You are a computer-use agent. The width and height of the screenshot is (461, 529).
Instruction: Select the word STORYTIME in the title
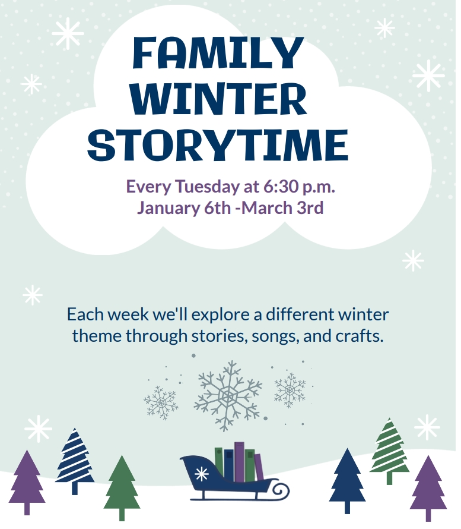coord(221,145)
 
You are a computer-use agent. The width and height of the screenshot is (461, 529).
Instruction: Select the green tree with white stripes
coord(390,449)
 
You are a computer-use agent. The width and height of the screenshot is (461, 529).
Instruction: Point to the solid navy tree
coord(348,478)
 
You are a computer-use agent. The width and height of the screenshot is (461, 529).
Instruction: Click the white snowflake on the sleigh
coord(202,474)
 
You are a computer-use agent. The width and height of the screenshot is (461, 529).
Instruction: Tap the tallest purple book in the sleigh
coord(239,461)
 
